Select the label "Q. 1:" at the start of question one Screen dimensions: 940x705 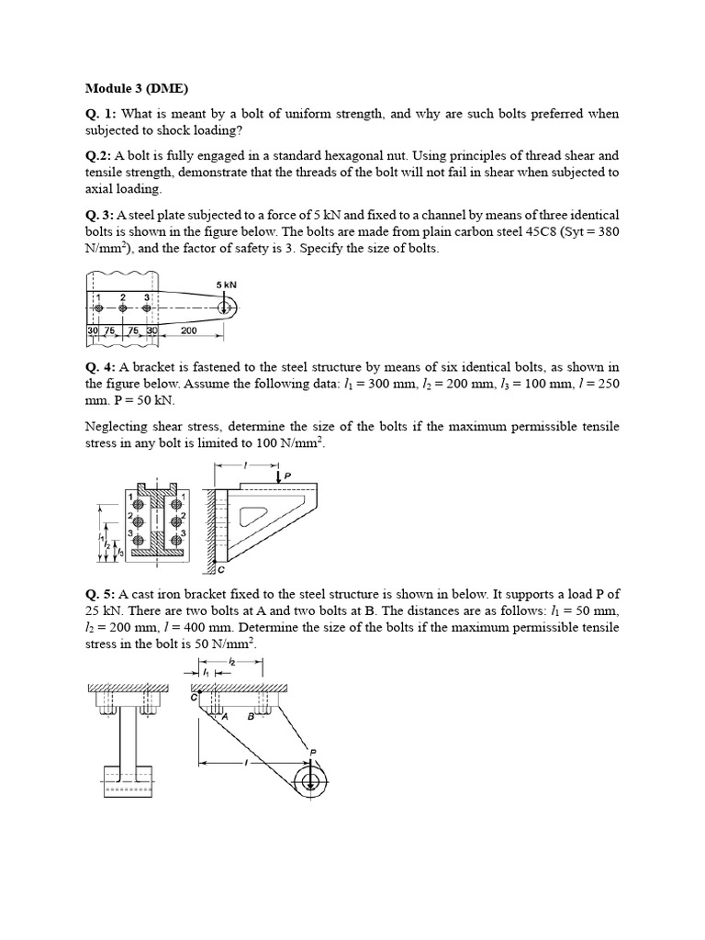(101, 115)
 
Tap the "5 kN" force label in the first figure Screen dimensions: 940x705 (227, 285)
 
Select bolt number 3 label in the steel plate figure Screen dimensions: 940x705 (145, 297)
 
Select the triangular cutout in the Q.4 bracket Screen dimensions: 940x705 (253, 516)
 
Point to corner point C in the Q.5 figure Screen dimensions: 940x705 (195, 698)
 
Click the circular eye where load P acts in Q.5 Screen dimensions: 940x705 (311, 781)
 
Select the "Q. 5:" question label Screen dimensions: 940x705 (101, 593)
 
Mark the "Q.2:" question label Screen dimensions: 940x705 (99, 156)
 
